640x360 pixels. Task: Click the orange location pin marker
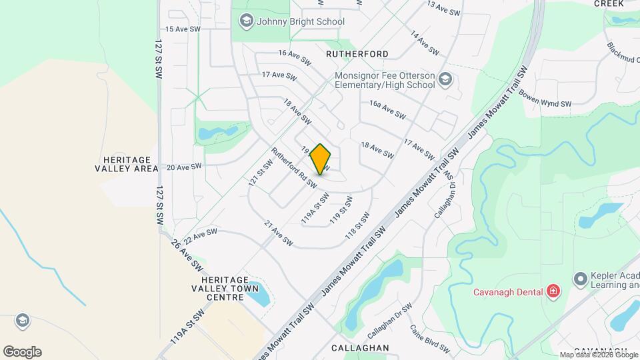coord(321,159)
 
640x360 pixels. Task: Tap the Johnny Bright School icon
coord(246,21)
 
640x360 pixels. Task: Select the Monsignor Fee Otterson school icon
coord(445,81)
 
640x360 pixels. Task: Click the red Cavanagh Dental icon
coord(553,291)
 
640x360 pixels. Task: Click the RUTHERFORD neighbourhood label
coord(357,53)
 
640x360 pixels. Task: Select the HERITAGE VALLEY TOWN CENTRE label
coord(215,288)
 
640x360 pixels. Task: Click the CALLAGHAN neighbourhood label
coord(360,348)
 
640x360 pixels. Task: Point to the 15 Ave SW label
coord(183,29)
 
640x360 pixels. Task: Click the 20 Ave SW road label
coord(184,167)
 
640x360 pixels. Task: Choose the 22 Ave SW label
coord(201,235)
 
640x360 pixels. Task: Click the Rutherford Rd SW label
coord(293,167)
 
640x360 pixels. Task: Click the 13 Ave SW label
coord(443,9)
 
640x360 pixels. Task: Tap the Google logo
coord(22,352)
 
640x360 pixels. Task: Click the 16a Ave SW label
coord(387,109)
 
